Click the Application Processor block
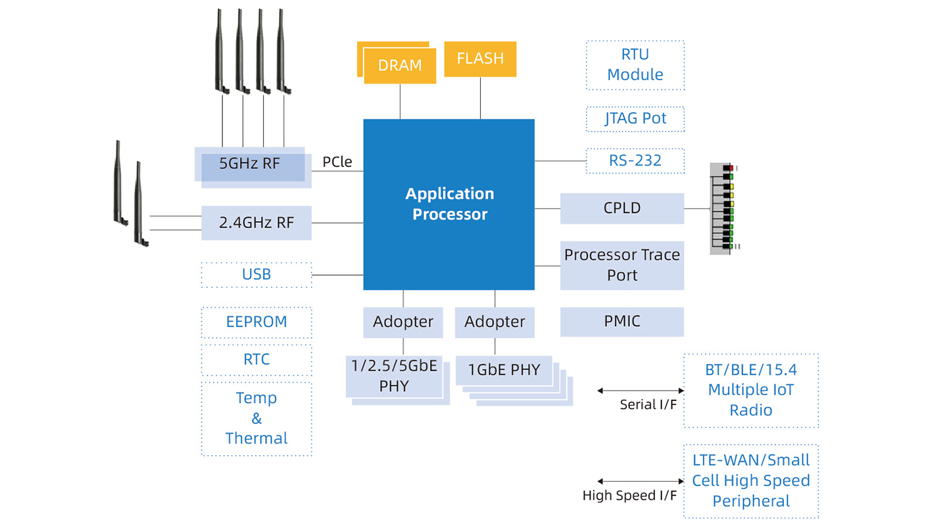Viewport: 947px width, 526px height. (x=449, y=204)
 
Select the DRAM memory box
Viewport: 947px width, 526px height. (x=400, y=66)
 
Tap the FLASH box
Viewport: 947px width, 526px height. (x=480, y=59)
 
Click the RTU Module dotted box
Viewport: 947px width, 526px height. (x=635, y=65)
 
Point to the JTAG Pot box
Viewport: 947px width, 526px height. (x=635, y=119)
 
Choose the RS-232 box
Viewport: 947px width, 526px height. (x=635, y=160)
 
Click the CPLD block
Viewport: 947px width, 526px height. (x=622, y=208)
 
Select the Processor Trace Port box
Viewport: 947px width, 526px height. (x=622, y=265)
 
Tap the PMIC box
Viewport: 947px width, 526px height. (x=622, y=322)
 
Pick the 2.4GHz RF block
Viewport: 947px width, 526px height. (x=256, y=223)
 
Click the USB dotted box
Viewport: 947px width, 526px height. (x=256, y=275)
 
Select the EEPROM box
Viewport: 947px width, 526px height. (x=256, y=322)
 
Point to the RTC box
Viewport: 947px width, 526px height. (x=256, y=360)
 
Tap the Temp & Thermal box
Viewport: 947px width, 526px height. (x=256, y=419)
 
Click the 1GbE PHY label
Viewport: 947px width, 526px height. (x=504, y=370)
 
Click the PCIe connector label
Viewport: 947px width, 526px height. (x=337, y=162)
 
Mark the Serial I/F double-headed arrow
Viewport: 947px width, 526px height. (x=641, y=391)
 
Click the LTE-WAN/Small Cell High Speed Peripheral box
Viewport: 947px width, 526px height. (x=751, y=481)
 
